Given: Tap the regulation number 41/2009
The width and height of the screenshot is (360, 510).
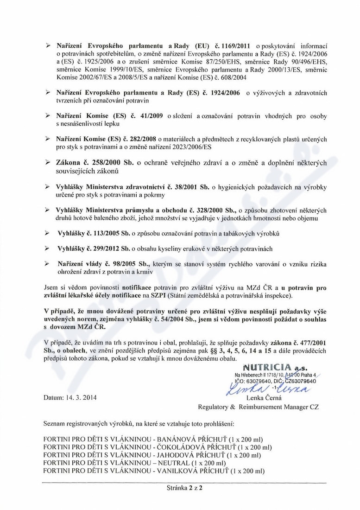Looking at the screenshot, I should point(151,116).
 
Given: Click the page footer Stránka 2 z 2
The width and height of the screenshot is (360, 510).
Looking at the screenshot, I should point(185,488).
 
